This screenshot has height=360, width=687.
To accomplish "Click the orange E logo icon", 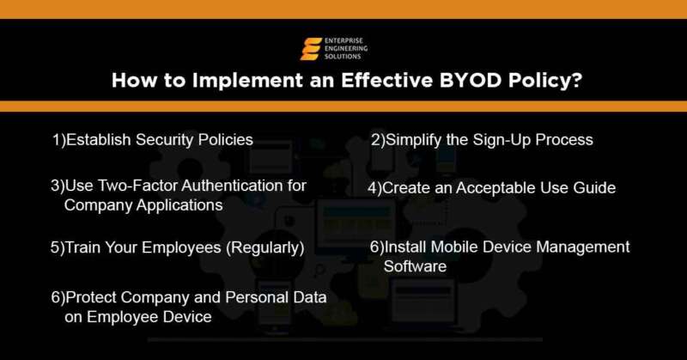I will (310, 49).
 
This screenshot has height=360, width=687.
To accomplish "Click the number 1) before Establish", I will (59, 139).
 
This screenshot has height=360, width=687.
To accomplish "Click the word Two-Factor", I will (129, 186).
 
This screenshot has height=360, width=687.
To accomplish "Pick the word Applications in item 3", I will (181, 205).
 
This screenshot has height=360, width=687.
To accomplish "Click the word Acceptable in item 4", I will (491, 187).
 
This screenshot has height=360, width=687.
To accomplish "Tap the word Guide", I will (594, 187).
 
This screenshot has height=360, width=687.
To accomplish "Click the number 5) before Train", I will (57, 248).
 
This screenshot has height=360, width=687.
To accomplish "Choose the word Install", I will (404, 247).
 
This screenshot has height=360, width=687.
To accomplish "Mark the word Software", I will (415, 267).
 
